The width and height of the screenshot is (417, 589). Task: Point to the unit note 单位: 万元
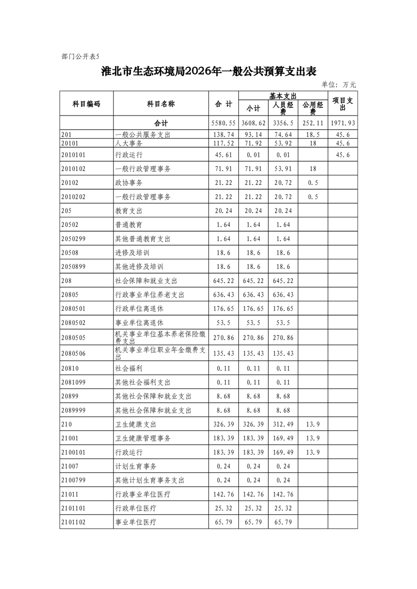(339, 85)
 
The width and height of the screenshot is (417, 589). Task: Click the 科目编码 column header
(86, 104)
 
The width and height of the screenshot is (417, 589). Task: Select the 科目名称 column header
(161, 104)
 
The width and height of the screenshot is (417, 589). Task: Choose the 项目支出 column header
(343, 104)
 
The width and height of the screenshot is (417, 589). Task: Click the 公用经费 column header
(313, 108)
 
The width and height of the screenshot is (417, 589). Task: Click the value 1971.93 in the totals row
(343, 123)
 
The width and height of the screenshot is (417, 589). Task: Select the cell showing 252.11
(313, 123)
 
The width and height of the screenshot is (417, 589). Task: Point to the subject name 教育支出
(129, 211)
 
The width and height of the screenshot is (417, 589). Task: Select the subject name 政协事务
(129, 183)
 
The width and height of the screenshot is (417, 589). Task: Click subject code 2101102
(73, 522)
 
